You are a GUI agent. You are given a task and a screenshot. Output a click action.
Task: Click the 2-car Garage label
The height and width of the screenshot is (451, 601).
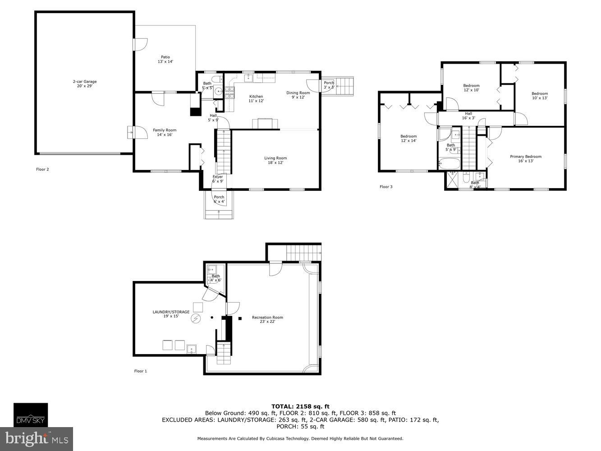[x=85, y=84]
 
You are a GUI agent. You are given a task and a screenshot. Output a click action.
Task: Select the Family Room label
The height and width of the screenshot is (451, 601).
[x=165, y=132]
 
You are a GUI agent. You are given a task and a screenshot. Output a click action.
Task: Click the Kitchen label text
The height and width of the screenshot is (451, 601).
[x=256, y=98]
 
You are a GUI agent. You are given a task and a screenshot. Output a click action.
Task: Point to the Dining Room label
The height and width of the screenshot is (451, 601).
[x=298, y=95]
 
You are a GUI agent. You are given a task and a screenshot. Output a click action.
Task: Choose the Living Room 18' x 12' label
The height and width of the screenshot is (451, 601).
[x=275, y=160]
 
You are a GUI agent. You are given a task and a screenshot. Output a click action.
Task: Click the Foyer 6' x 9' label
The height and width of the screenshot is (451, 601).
[x=218, y=179]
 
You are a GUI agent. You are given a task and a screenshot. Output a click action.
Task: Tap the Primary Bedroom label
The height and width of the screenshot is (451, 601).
[x=526, y=159]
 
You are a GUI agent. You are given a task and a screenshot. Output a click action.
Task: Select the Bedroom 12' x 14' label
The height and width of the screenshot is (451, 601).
[x=408, y=138]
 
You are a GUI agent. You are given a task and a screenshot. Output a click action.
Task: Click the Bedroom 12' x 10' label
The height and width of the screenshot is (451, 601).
[x=471, y=87]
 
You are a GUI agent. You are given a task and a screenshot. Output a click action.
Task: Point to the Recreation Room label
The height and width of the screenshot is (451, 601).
[x=267, y=319]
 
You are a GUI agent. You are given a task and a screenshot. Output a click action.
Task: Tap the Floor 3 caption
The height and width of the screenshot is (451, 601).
[x=386, y=187]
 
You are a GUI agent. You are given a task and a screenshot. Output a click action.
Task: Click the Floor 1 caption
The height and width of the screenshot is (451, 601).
[x=141, y=371]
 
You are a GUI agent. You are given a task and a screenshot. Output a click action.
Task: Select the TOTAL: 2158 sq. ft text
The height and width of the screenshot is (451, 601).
[x=300, y=406]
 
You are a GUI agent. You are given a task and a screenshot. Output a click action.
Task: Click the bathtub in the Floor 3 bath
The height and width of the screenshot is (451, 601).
[x=449, y=163]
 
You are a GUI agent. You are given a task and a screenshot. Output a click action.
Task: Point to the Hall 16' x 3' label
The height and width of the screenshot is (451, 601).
[x=468, y=116]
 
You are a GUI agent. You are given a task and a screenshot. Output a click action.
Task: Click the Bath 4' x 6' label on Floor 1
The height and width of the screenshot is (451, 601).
[x=216, y=278]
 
